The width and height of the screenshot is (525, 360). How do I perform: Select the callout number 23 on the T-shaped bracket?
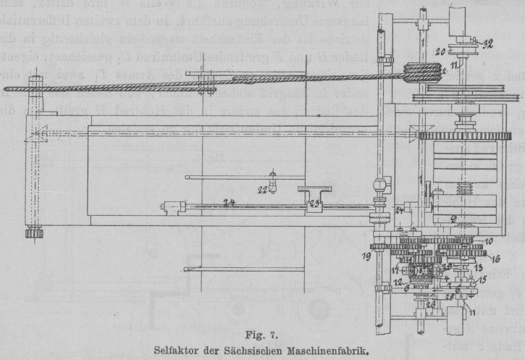point(314,204)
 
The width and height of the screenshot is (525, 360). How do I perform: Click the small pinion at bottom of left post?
point(34,233)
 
